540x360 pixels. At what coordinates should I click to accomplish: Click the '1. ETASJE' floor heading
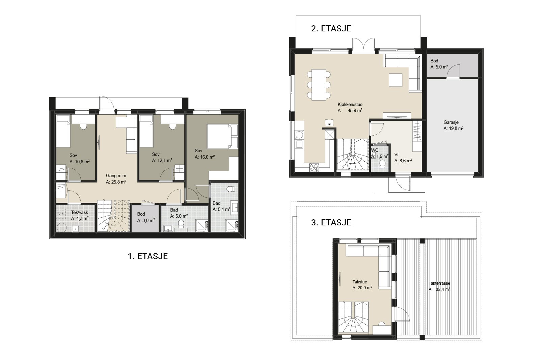(x=148, y=256)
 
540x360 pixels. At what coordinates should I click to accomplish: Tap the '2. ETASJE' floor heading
(x=331, y=28)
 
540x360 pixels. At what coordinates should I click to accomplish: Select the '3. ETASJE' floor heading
(x=331, y=222)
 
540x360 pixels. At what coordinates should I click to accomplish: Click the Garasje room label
(x=451, y=122)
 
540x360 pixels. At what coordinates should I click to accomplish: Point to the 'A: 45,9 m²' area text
(x=350, y=111)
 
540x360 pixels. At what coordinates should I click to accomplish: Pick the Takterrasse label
(x=439, y=283)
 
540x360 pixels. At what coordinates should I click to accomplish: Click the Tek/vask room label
(x=80, y=213)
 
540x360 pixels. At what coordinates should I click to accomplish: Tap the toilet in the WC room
(x=382, y=164)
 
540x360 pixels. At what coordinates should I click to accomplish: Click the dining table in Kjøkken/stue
(x=319, y=85)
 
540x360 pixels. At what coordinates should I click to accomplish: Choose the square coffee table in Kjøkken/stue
(x=395, y=80)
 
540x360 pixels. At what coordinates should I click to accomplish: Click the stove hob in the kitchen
(x=314, y=167)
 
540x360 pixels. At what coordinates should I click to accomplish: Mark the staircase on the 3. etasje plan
(x=354, y=316)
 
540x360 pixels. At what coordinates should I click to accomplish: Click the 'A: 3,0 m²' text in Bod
(x=146, y=220)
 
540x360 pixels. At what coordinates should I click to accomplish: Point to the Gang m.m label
(x=116, y=176)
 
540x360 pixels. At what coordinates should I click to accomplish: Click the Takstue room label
(x=360, y=282)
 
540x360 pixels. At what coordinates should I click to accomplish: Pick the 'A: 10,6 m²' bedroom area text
(x=80, y=162)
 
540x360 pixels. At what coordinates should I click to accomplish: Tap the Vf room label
(x=396, y=155)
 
